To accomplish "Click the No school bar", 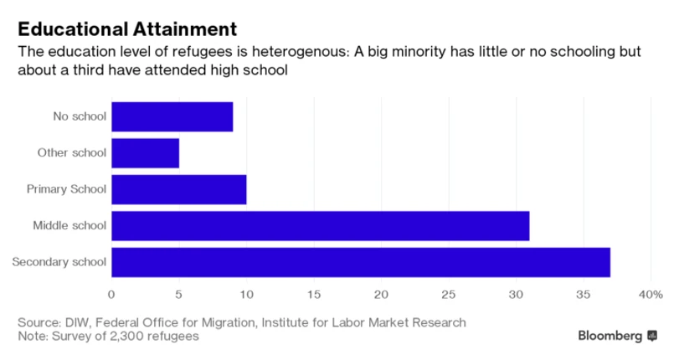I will pyautogui.click(x=172, y=116).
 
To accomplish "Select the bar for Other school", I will pyautogui.click(x=145, y=152).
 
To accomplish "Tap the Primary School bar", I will pyautogui.click(x=178, y=189).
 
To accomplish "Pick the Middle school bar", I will pyautogui.click(x=320, y=226).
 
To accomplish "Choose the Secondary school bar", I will pyautogui.click(x=360, y=262).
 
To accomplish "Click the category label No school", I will pyautogui.click(x=80, y=116).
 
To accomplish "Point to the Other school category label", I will pyautogui.click(x=72, y=152).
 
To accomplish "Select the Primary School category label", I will pyautogui.click(x=67, y=189).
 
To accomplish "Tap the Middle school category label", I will pyautogui.click(x=69, y=226).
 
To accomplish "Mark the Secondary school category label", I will pyautogui.click(x=59, y=262).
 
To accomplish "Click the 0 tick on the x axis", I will pyautogui.click(x=111, y=294).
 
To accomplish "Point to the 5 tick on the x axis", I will pyautogui.click(x=178, y=294).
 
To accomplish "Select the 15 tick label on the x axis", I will pyautogui.click(x=313, y=294).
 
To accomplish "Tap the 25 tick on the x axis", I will pyautogui.click(x=448, y=294).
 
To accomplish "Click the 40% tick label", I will pyautogui.click(x=650, y=294).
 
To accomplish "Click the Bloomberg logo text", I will pyautogui.click(x=610, y=336).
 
